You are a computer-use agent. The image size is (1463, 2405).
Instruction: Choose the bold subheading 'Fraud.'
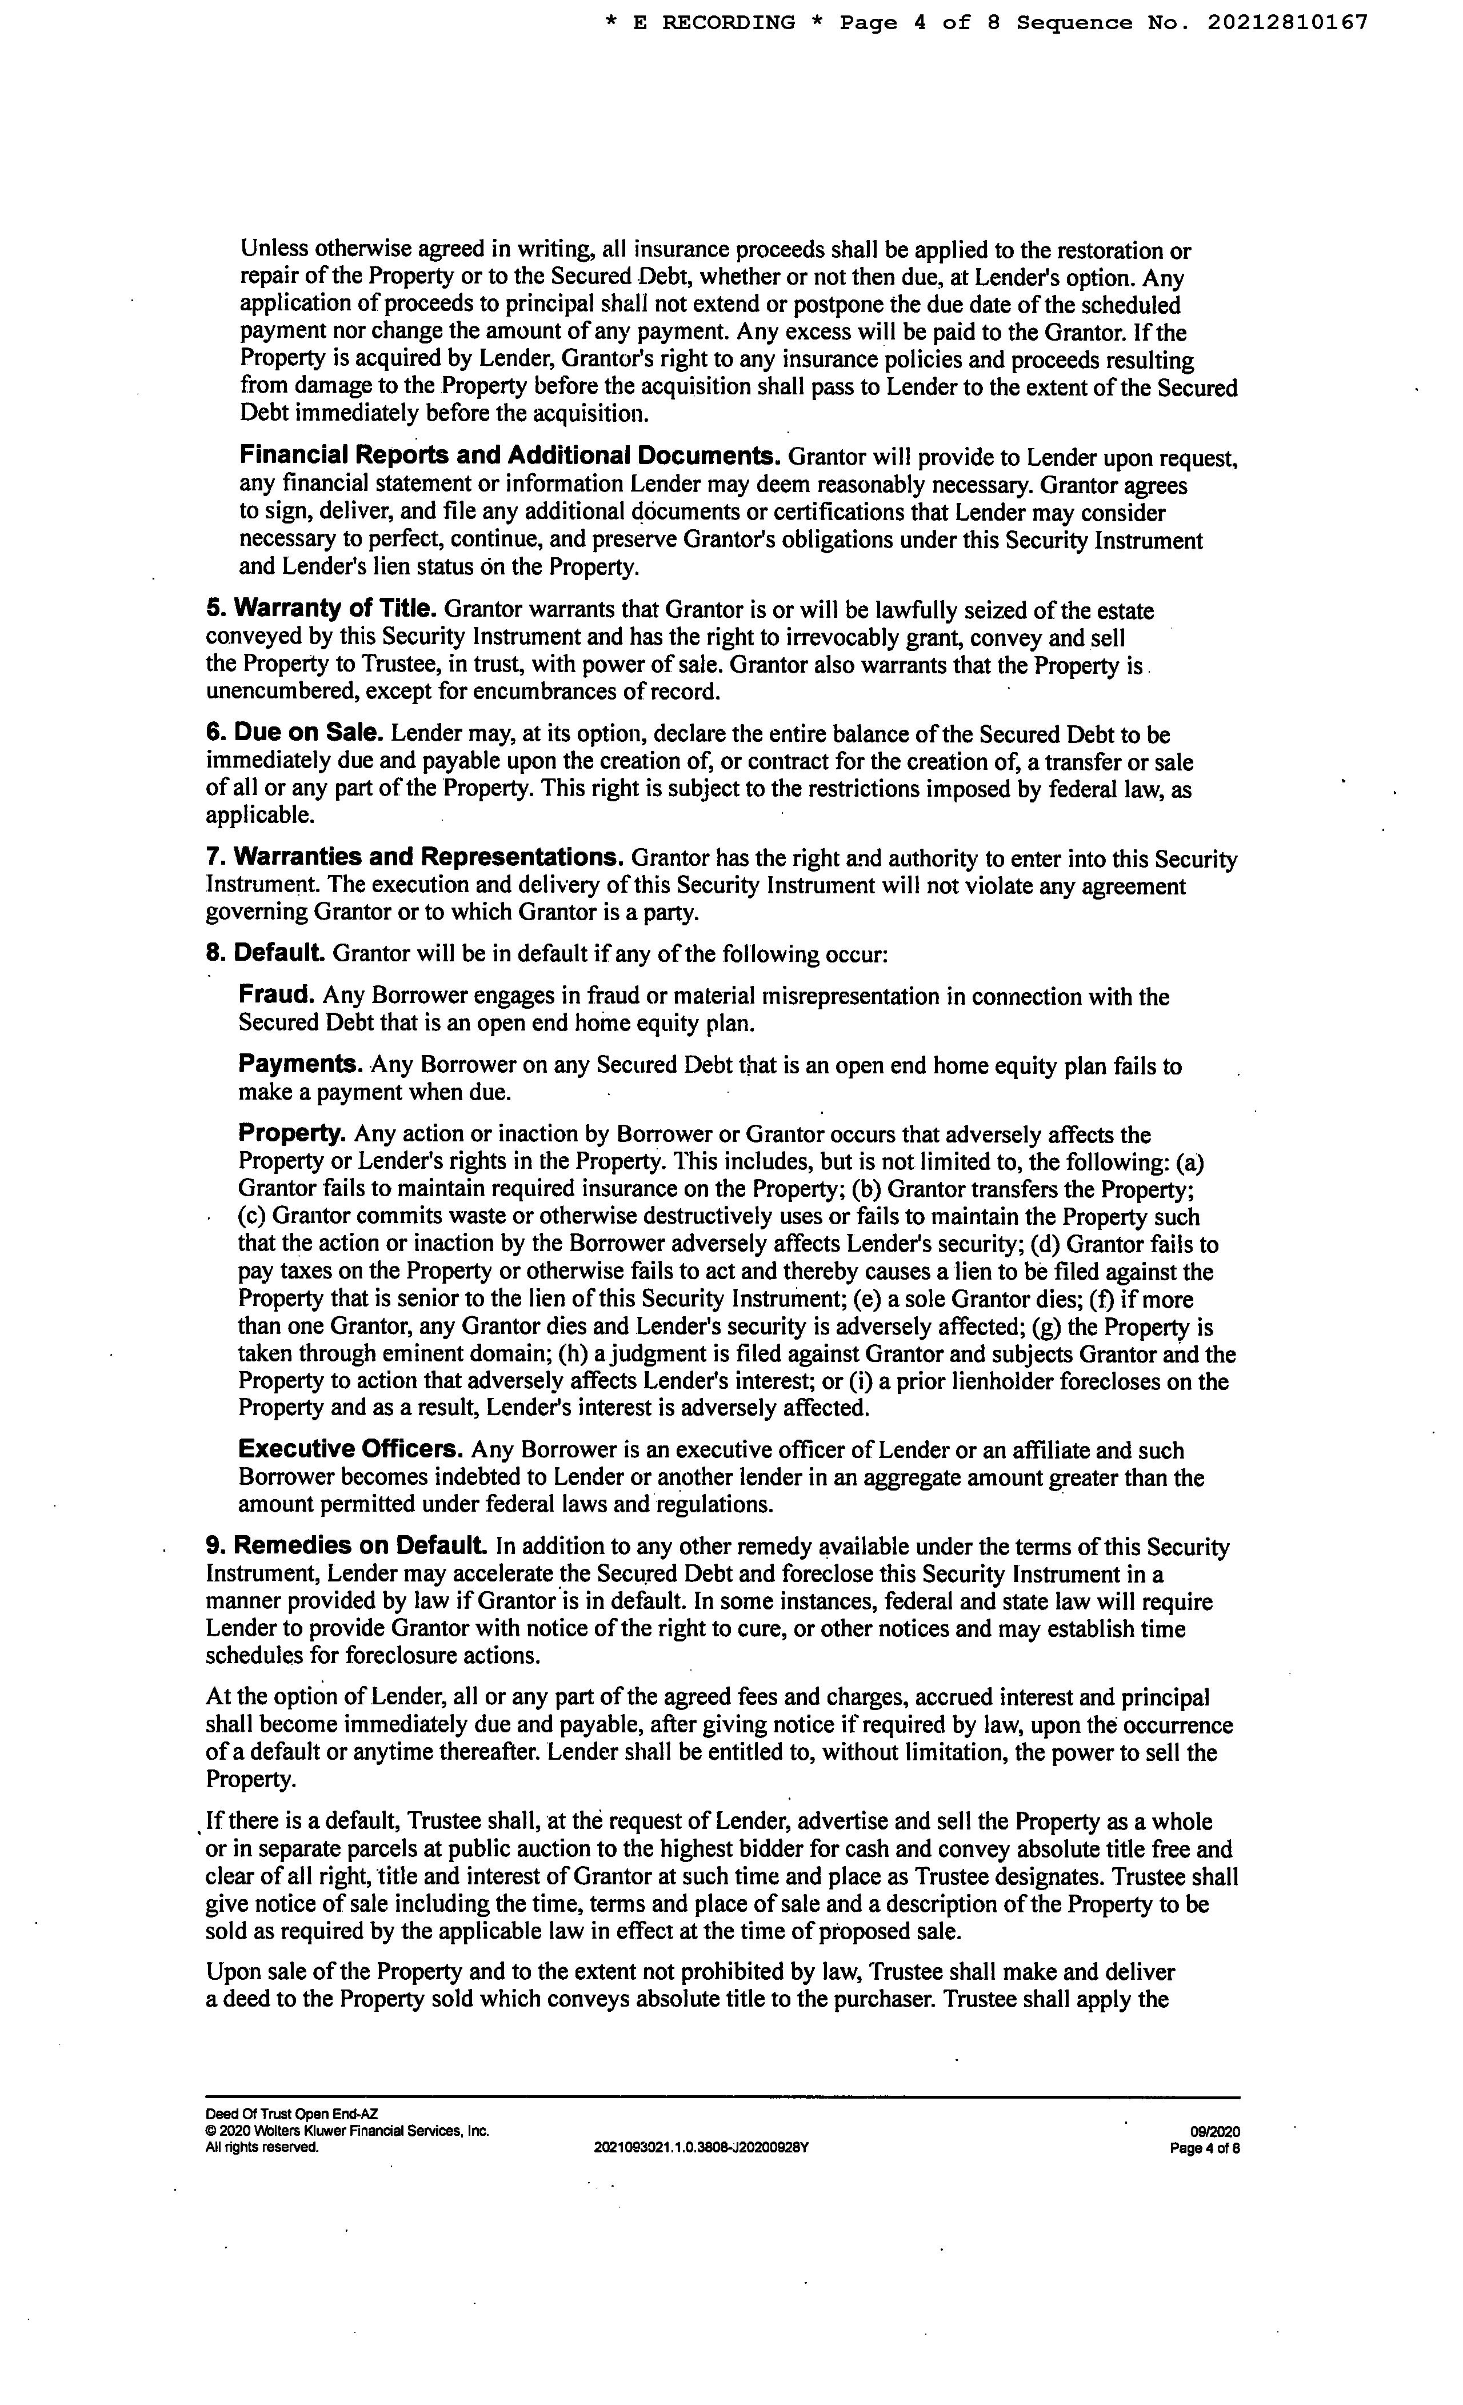coord(276,994)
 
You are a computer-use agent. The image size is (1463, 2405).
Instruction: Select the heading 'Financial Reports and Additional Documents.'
coord(509,456)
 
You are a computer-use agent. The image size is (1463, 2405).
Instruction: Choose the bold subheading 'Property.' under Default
coord(292,1133)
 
